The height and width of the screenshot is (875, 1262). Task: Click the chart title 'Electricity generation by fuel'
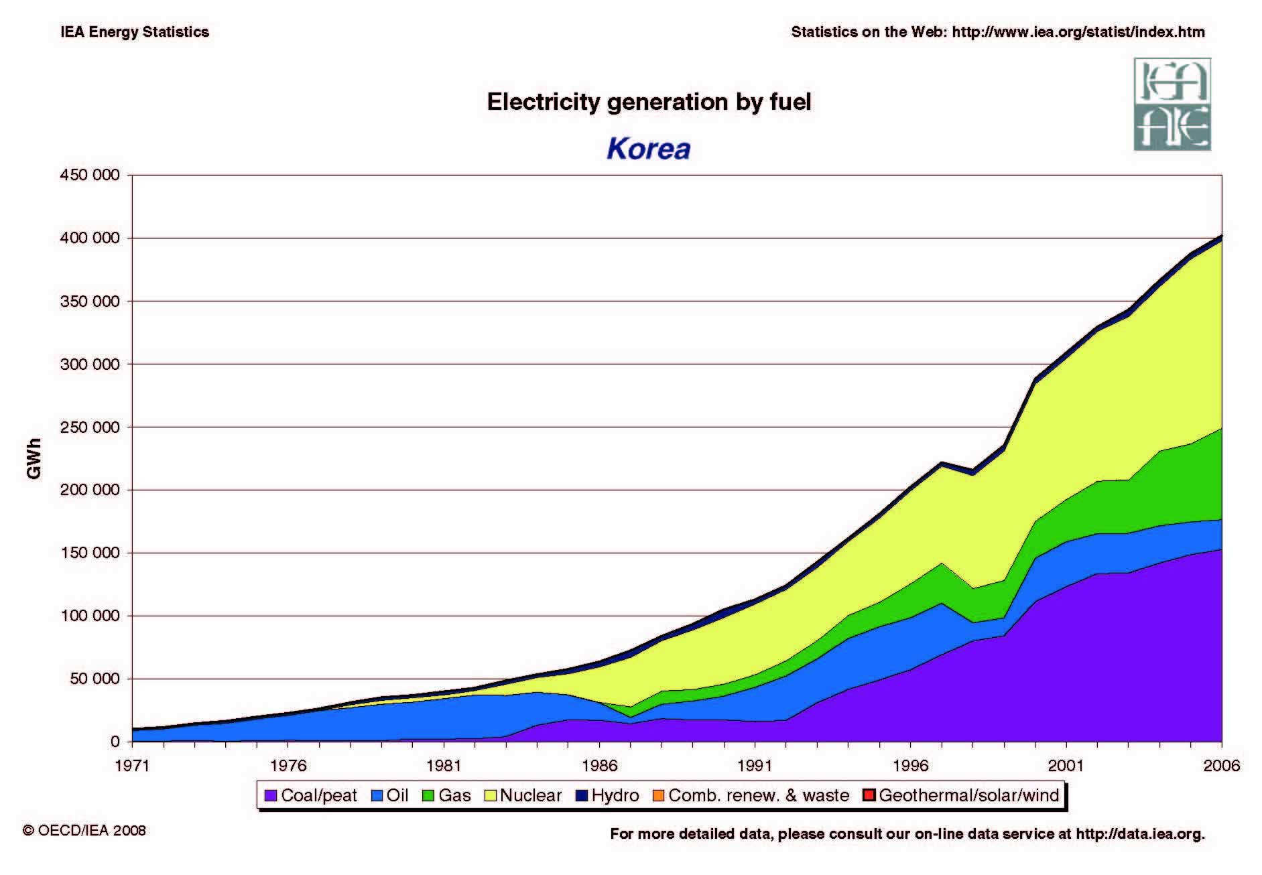[x=648, y=102]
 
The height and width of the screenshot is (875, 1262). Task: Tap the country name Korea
[x=648, y=148]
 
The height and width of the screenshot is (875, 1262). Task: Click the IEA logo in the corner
[x=1172, y=104]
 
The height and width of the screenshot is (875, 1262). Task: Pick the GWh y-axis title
[x=34, y=458]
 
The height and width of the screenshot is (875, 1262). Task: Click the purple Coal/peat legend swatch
[x=271, y=796]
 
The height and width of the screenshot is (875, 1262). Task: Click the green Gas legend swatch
[x=428, y=796]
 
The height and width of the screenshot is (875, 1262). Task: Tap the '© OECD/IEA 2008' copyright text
[x=84, y=830]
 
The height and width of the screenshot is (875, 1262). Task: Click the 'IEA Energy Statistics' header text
[x=135, y=32]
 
